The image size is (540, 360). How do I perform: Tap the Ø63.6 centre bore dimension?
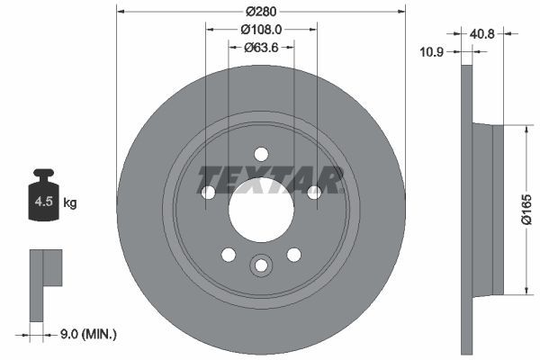[261, 48]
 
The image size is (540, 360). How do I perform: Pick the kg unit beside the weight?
[70, 203]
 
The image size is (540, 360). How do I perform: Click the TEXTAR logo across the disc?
[270, 179]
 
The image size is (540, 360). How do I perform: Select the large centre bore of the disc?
[261, 212]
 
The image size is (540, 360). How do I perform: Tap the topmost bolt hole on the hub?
[261, 154]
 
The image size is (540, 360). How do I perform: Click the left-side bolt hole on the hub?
[208, 193]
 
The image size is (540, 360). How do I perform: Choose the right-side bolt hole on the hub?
[314, 193]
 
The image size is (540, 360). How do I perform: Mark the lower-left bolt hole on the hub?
[229, 255]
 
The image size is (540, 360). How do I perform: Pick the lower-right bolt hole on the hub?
[293, 255]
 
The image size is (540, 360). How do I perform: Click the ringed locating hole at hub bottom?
[261, 265]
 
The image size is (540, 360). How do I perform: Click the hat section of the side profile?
[485, 209]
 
